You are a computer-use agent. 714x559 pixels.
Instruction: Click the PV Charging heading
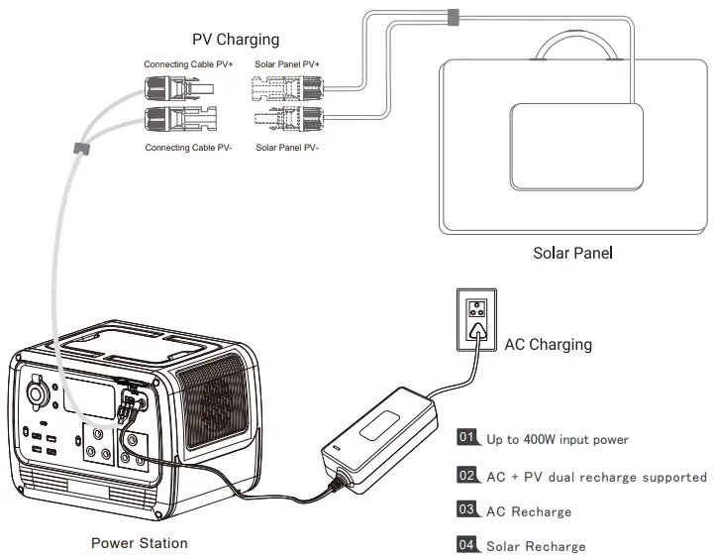[236, 40]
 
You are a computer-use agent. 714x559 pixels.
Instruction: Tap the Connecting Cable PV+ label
[189, 64]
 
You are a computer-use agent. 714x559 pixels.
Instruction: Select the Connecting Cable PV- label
[189, 148]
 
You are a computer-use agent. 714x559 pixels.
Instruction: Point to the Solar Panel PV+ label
[294, 64]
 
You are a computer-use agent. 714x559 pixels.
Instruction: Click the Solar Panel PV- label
[293, 148]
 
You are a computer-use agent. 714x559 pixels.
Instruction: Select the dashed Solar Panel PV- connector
[284, 121]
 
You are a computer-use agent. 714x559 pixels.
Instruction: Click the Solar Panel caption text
[572, 253]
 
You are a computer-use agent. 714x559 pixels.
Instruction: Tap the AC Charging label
[548, 345]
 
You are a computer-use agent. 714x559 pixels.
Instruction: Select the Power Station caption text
[139, 542]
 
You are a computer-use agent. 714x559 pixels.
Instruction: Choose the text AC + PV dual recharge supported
[596, 477]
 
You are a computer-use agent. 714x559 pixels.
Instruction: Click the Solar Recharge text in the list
[536, 546]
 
